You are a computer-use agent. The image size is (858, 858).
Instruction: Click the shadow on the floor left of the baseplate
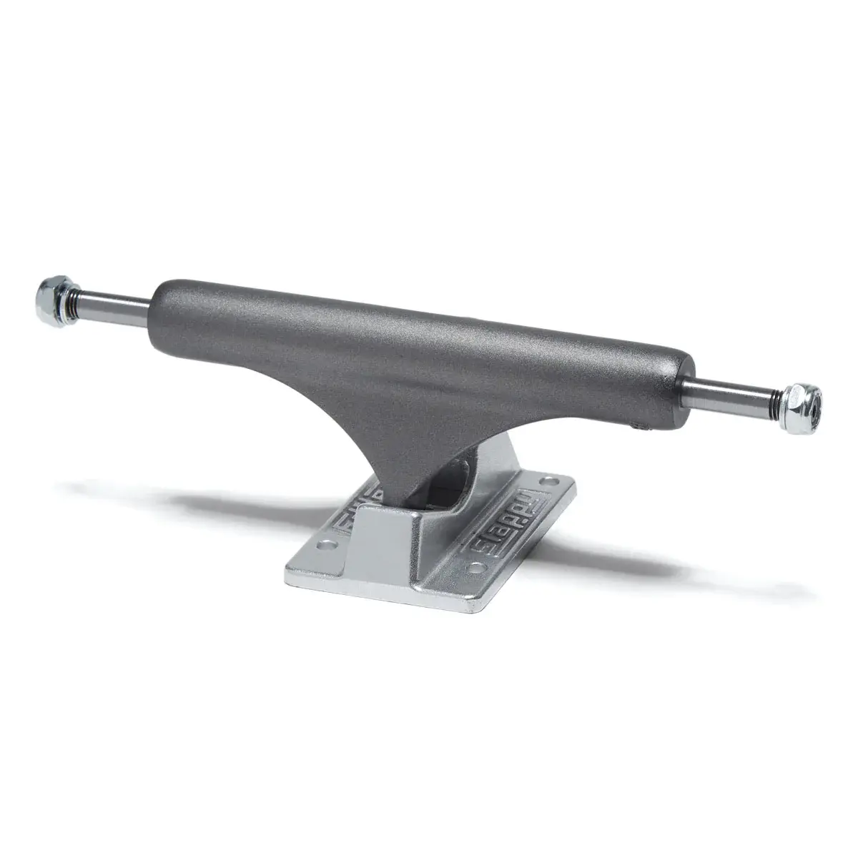click(179, 493)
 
